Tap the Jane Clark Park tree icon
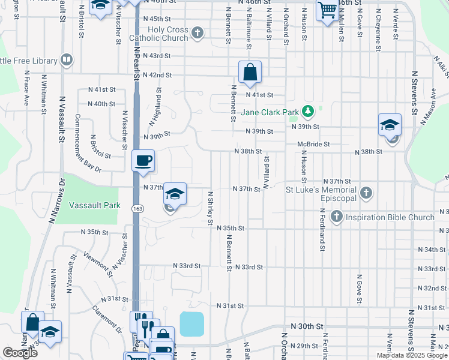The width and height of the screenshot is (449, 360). [x=308, y=111]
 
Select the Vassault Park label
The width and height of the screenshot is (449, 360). [x=95, y=205]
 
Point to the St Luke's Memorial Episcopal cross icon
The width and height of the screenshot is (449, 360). [x=367, y=193]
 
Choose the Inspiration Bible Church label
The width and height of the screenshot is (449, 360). [x=390, y=216]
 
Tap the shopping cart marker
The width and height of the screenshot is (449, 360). [x=327, y=10]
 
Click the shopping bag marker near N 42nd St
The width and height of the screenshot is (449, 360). [x=250, y=72]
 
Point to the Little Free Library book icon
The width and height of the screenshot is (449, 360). [x=67, y=60]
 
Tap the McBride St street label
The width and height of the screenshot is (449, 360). [x=313, y=144]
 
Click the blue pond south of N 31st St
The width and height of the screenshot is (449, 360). [x=192, y=324]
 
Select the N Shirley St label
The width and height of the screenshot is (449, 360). [x=211, y=208]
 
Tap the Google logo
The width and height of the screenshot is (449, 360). [x=20, y=353]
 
